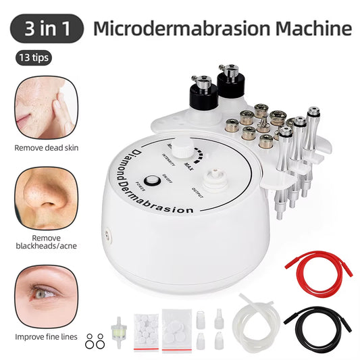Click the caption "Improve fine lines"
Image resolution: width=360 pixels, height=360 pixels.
tap(45, 336)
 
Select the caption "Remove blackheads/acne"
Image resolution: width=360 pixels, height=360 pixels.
tap(45, 242)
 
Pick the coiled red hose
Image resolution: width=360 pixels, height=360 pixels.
tap(314, 263)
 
